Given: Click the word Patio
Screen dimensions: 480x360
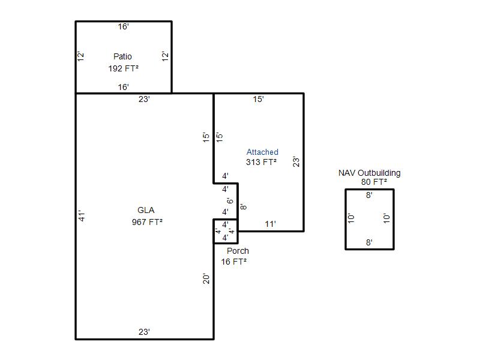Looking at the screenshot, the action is pyautogui.click(x=122, y=56).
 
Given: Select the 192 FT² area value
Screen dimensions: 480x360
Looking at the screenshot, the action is pyautogui.click(x=124, y=68).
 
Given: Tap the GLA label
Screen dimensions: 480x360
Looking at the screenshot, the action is pyautogui.click(x=146, y=210).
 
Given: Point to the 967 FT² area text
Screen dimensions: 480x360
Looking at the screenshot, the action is pyautogui.click(x=147, y=222).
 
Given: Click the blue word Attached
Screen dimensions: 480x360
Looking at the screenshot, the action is pyautogui.click(x=262, y=152).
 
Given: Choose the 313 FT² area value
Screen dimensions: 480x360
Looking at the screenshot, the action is pyautogui.click(x=262, y=162).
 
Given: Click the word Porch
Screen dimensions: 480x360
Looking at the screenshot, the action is pyautogui.click(x=238, y=251).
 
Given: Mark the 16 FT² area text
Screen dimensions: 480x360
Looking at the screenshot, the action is pyautogui.click(x=234, y=262).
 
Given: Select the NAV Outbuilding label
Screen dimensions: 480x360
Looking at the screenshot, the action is pyautogui.click(x=370, y=173).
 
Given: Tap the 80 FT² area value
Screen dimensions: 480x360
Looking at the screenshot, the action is pyautogui.click(x=374, y=182).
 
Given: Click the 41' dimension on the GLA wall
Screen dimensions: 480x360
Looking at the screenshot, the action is pyautogui.click(x=82, y=215).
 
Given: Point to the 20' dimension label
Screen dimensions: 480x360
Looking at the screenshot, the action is pyautogui.click(x=206, y=278).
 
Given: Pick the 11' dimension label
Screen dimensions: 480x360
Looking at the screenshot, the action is pyautogui.click(x=271, y=224).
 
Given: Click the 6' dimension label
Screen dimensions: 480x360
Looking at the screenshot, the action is pyautogui.click(x=230, y=201).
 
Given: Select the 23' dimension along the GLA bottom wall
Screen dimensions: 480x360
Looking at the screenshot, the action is pyautogui.click(x=144, y=332).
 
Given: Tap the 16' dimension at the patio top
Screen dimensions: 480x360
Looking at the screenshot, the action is pyautogui.click(x=124, y=27).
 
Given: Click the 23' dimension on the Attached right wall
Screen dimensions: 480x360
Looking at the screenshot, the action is pyautogui.click(x=296, y=161).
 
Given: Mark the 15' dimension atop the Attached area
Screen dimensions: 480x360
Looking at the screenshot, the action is pyautogui.click(x=259, y=99).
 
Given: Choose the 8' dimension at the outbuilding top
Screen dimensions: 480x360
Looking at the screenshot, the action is pyautogui.click(x=369, y=195).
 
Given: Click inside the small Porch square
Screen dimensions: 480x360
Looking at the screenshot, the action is pyautogui.click(x=226, y=232).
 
